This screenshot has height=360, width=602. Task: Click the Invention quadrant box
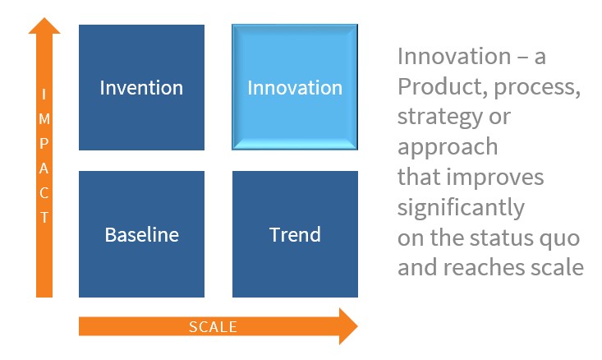(x=141, y=87)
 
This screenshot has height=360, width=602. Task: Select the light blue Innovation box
(x=295, y=87)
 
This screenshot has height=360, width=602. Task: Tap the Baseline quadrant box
(x=141, y=234)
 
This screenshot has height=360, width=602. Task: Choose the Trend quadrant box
(x=295, y=234)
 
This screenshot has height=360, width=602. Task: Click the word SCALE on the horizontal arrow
(x=213, y=327)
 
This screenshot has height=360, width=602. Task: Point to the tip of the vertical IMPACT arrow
(x=44, y=18)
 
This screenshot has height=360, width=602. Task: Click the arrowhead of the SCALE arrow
(x=348, y=326)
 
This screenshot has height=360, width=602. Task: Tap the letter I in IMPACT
(x=44, y=95)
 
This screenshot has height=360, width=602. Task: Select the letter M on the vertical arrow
(x=44, y=118)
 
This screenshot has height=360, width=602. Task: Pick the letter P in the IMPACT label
(x=44, y=143)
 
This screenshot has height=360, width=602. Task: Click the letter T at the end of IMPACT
(x=44, y=217)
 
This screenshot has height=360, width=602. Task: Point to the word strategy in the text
(x=439, y=117)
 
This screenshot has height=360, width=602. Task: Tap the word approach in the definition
(x=448, y=148)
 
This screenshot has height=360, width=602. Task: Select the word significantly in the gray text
(x=461, y=208)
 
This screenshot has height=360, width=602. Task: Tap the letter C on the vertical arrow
(x=44, y=192)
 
